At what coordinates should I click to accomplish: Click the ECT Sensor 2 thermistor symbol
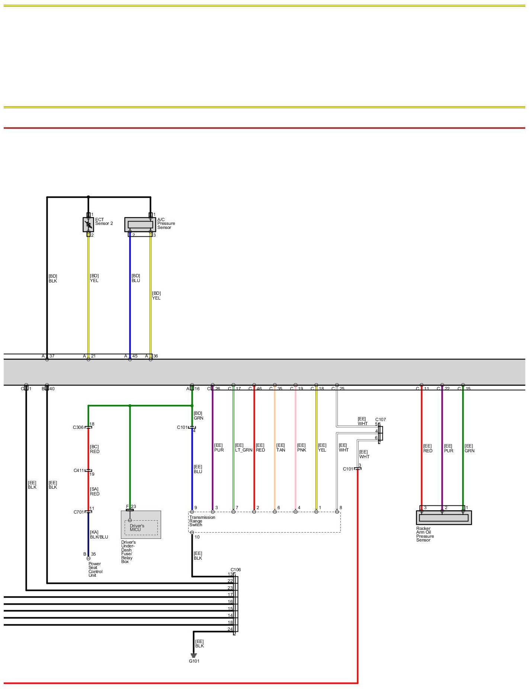click(x=88, y=224)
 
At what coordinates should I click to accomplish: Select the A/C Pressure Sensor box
click(x=140, y=224)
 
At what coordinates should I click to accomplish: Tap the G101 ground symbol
click(x=193, y=655)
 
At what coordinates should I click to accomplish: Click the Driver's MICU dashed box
click(x=141, y=527)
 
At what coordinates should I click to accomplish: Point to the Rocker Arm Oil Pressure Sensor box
click(x=443, y=517)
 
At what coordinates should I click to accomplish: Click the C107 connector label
click(x=381, y=420)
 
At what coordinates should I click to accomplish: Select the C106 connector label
click(x=235, y=570)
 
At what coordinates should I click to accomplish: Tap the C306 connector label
click(x=78, y=427)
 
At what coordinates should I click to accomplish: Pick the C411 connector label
click(x=78, y=470)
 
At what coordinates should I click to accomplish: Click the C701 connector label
click(x=78, y=512)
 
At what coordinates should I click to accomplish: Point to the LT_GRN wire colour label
click(x=244, y=450)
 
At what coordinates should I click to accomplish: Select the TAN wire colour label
click(x=280, y=450)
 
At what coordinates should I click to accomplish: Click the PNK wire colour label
click(x=301, y=450)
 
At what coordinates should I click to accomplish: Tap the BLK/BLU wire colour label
click(x=99, y=537)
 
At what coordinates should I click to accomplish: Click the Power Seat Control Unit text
click(x=95, y=569)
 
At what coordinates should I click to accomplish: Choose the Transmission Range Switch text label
click(x=202, y=521)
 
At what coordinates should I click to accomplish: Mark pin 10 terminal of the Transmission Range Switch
click(x=192, y=533)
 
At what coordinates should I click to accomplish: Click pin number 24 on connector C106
click(x=230, y=629)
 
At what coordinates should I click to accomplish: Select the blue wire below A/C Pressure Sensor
click(x=130, y=294)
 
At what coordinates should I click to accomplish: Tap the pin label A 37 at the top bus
click(x=48, y=356)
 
